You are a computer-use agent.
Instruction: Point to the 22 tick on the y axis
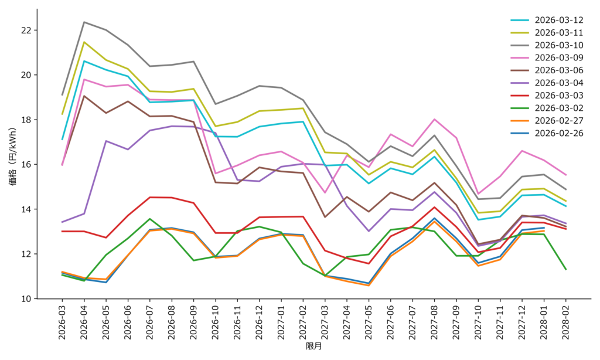(26, 30)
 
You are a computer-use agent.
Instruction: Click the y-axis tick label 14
(26, 209)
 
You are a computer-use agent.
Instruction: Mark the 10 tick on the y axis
(26, 299)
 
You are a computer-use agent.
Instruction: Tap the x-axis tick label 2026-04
(84, 322)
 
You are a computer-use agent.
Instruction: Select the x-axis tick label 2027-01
(281, 322)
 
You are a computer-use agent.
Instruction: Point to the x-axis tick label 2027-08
(435, 322)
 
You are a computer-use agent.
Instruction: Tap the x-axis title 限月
(314, 347)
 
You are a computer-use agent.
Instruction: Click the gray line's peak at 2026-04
(84, 22)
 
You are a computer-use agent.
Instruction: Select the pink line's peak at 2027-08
(435, 120)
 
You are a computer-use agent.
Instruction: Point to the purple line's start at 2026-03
(63, 222)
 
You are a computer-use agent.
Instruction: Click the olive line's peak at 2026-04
(84, 42)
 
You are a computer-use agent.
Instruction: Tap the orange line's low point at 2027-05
(369, 286)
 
